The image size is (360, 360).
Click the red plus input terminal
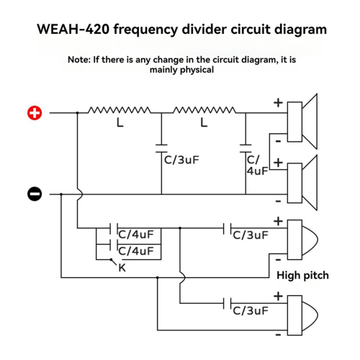(x=35, y=113)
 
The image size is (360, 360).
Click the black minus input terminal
(x=35, y=194)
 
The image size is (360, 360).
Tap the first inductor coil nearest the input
(x=120, y=110)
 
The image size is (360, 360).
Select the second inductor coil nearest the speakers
(x=204, y=110)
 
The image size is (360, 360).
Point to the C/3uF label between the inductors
(x=181, y=160)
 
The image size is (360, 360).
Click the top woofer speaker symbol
(x=302, y=122)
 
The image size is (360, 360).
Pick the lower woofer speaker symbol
(x=302, y=183)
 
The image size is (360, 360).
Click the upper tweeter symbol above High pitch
(x=302, y=240)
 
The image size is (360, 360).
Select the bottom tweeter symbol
(x=302, y=315)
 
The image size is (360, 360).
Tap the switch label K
(x=122, y=268)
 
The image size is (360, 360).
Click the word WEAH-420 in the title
(x=73, y=30)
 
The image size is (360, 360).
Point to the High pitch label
(x=302, y=275)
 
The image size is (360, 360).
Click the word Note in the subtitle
(x=79, y=60)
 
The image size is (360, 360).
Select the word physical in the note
(x=197, y=70)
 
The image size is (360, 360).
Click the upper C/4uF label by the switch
(x=136, y=235)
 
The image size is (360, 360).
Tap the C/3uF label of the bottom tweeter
(x=251, y=311)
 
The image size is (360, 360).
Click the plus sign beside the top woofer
(x=278, y=103)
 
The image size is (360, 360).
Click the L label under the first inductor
(x=120, y=122)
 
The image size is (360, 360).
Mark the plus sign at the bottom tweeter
(x=278, y=296)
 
